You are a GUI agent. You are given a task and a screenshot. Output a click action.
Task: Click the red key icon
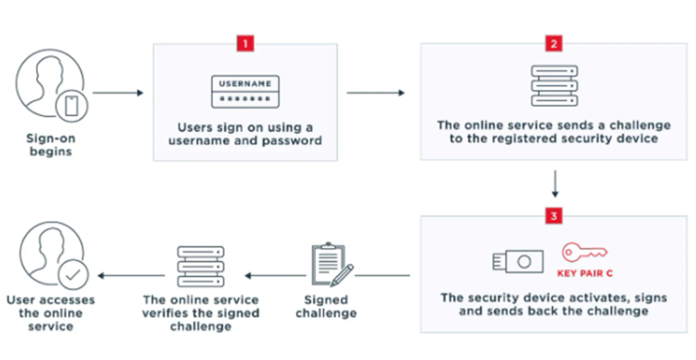pyautogui.click(x=585, y=252)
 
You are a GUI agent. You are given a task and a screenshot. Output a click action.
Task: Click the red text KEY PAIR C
pyautogui.click(x=585, y=275)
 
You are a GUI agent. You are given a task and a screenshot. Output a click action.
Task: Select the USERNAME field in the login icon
pyautogui.click(x=245, y=84)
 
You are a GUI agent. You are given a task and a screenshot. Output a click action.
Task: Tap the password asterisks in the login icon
pyautogui.click(x=245, y=100)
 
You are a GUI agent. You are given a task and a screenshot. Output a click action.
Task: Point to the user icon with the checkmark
pyautogui.click(x=50, y=258)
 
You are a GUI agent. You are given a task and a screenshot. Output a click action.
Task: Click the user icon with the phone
pyautogui.click(x=50, y=89)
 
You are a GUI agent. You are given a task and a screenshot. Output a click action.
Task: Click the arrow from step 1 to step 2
pyautogui.click(x=375, y=90)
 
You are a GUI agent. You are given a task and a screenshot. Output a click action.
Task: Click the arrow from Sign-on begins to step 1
pyautogui.click(x=116, y=90)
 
